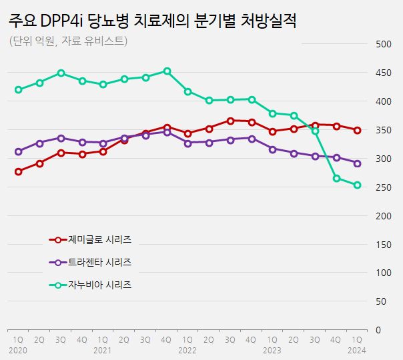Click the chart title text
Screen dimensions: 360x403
tap(153, 20)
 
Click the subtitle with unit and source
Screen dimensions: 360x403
tap(68, 41)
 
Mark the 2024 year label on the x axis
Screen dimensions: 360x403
tap(357, 349)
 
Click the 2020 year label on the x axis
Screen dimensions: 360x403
tap(18, 349)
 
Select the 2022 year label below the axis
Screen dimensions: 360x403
tap(187, 349)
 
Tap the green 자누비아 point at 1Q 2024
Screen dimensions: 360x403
tap(357, 185)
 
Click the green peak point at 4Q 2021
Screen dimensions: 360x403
tap(167, 71)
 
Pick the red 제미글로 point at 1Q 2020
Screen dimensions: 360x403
tap(18, 171)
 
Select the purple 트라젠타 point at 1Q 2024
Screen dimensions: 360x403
tap(357, 163)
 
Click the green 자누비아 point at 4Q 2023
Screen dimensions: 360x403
tap(336, 178)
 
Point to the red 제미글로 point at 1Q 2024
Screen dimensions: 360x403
tap(357, 130)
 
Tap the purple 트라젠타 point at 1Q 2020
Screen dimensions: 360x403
tap(18, 151)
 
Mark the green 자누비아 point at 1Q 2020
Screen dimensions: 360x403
tap(18, 89)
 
